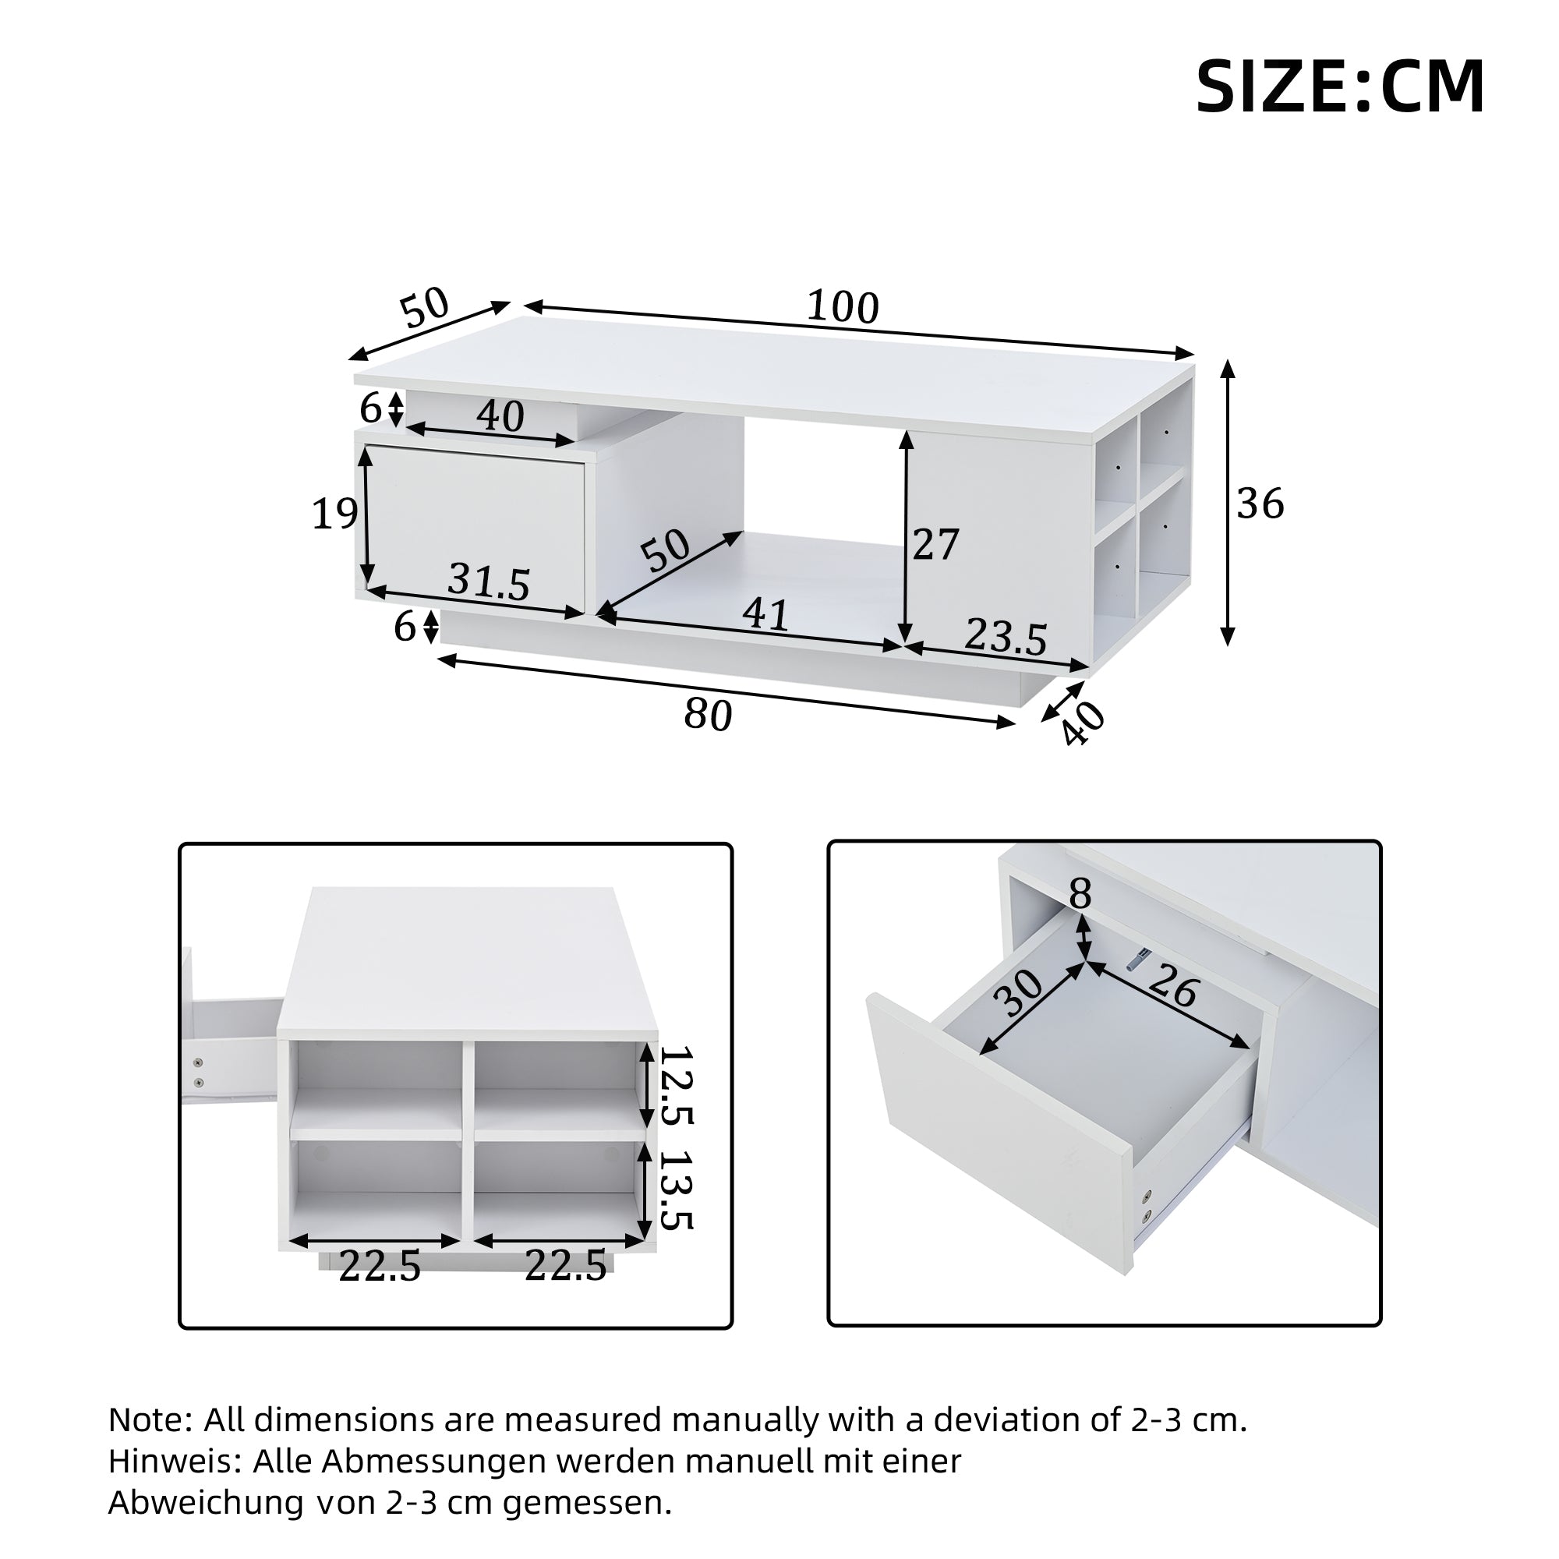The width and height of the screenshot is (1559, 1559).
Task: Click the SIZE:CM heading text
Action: point(1338,87)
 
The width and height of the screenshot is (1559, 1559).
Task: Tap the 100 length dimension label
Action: point(843,307)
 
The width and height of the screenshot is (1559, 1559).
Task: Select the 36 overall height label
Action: point(1260,504)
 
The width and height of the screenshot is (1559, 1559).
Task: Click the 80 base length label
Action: point(708,715)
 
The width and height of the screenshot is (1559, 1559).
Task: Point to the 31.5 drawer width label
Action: point(489,581)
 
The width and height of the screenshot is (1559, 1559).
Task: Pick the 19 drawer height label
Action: point(334,514)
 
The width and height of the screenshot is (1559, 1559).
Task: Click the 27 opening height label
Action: point(935,545)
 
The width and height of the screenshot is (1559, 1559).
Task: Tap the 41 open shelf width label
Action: point(764,615)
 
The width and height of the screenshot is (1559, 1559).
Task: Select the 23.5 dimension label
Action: point(1006,637)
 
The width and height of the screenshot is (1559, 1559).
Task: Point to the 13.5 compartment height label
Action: point(675,1190)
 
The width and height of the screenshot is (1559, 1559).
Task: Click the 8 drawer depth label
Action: point(1080,894)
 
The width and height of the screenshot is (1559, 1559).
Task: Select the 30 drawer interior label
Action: point(1019,994)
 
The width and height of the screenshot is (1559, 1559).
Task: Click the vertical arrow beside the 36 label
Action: point(1228,504)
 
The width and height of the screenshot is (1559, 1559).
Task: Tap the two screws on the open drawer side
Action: point(1146,1207)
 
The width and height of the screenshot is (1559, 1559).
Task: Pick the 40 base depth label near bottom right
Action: point(1082,723)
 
